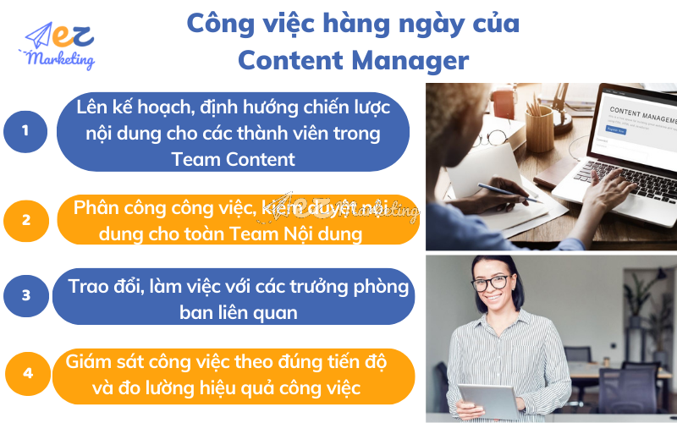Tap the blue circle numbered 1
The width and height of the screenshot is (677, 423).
[25, 130]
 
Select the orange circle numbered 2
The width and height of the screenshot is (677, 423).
[25, 220]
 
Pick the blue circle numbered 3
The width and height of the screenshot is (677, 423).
[25, 295]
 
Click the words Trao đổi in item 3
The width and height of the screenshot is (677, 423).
[104, 287]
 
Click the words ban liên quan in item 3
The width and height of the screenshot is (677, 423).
[239, 312]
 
